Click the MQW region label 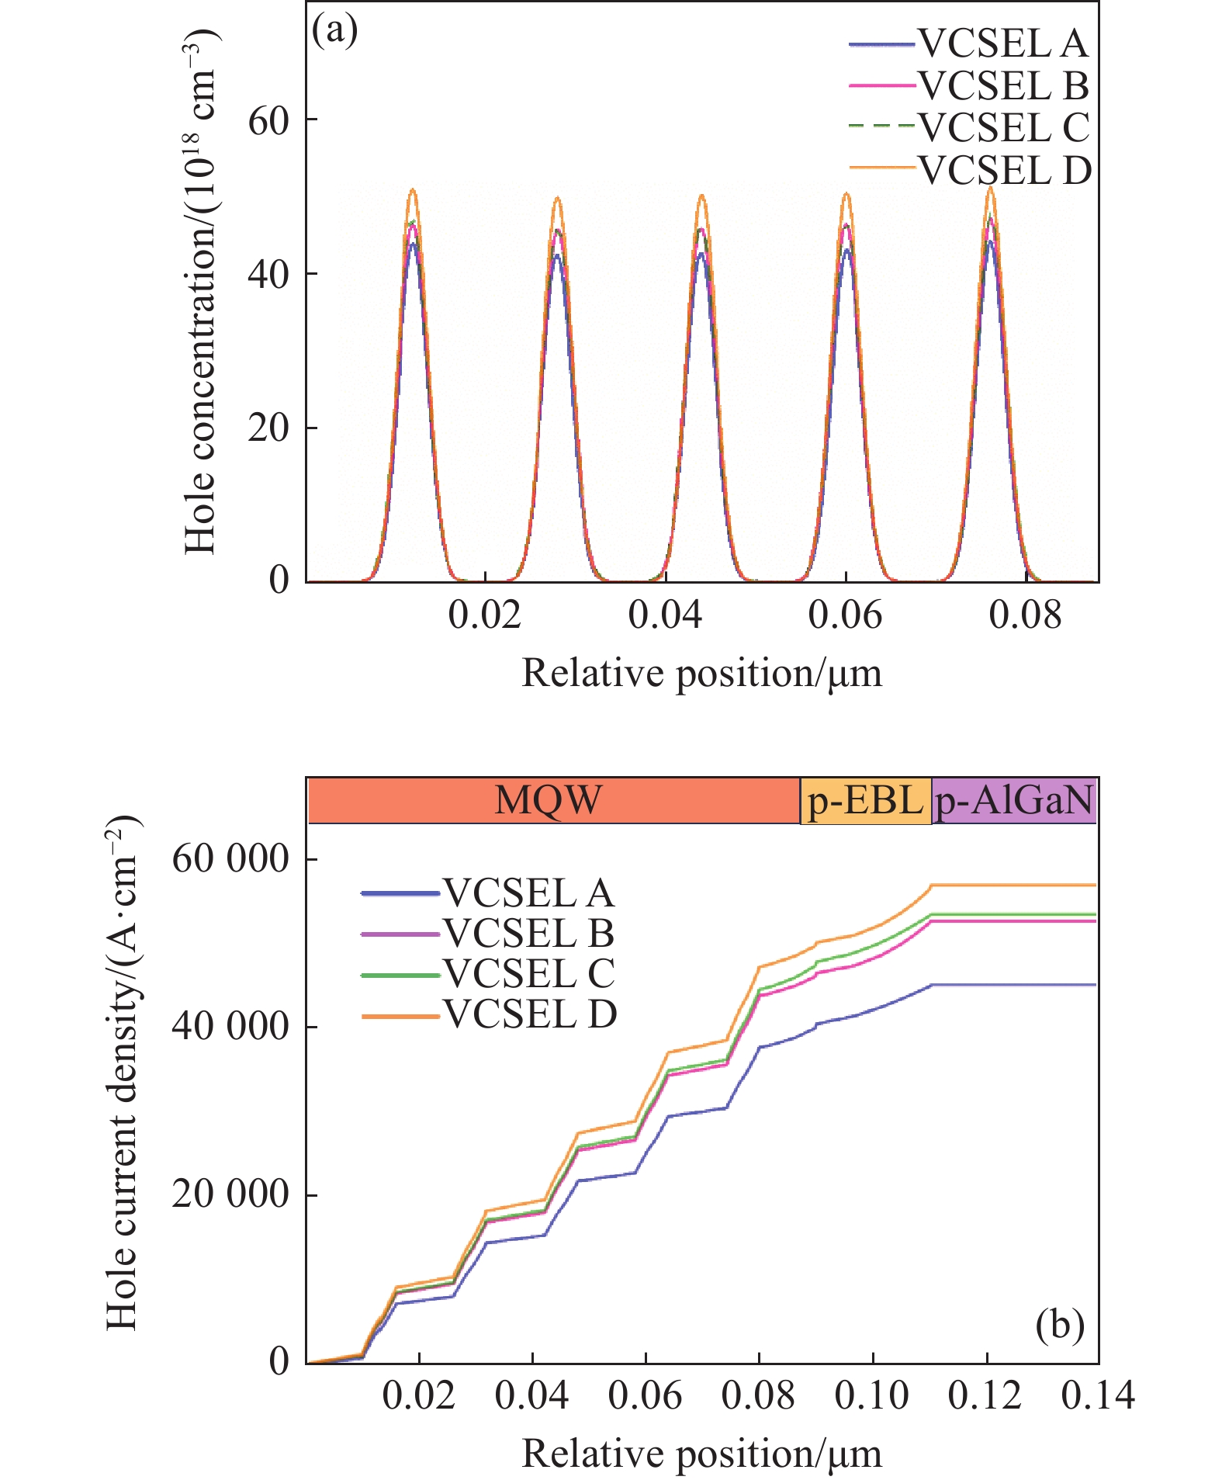(x=549, y=800)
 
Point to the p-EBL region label (x=865, y=800)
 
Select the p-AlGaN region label (x=1014, y=800)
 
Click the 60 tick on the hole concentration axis (x=268, y=120)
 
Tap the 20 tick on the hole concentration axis (x=268, y=428)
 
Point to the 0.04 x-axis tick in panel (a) (x=665, y=615)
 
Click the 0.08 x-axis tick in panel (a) (x=1025, y=615)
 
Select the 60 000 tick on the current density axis (x=230, y=859)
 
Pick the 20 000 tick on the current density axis (x=230, y=1194)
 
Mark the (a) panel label (x=334, y=31)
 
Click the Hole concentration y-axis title (x=201, y=291)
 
